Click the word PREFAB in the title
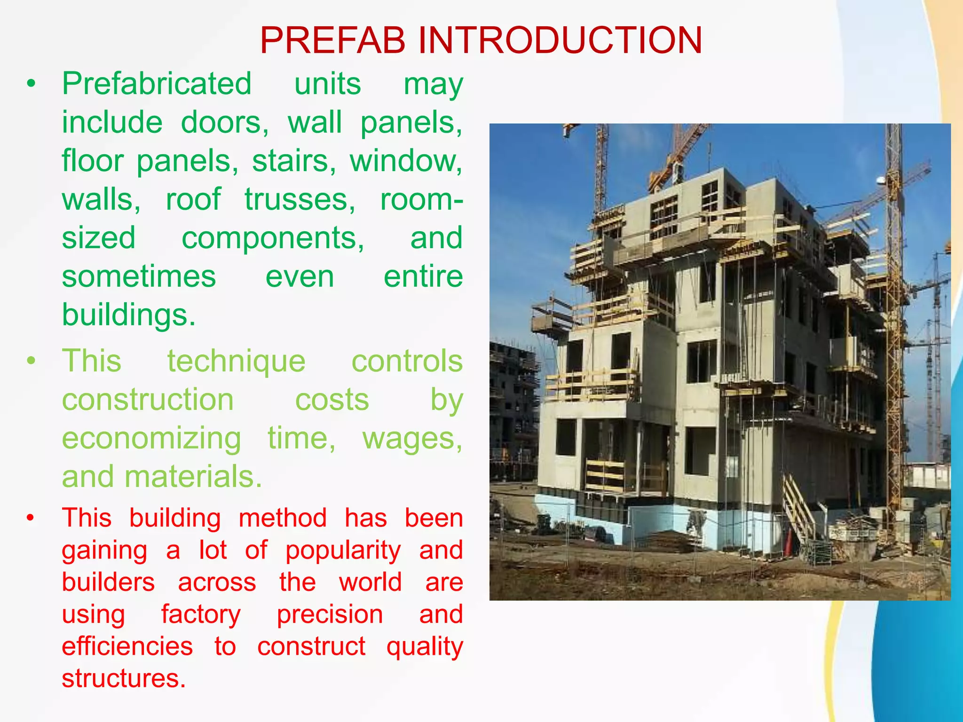(x=332, y=40)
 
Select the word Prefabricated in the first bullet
(x=157, y=84)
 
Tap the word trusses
(x=300, y=200)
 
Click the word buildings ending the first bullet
(x=128, y=315)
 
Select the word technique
(x=236, y=361)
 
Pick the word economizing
(x=151, y=439)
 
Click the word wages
(x=412, y=439)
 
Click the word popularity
(x=343, y=550)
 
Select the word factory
(x=201, y=615)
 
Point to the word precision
(x=330, y=615)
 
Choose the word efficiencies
(x=127, y=647)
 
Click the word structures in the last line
(x=124, y=679)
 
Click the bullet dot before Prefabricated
(x=31, y=84)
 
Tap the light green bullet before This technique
(x=31, y=361)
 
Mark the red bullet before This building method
(x=31, y=518)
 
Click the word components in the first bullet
(x=273, y=238)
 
